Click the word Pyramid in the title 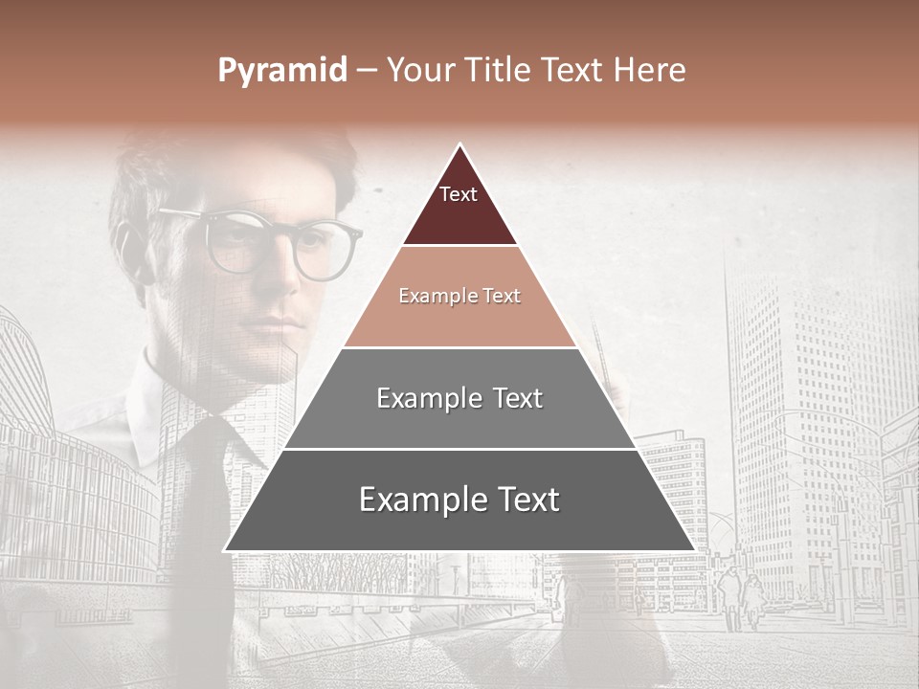(281, 71)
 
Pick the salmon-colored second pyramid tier (459, 297)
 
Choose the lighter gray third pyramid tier (459, 398)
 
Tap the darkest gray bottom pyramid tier (459, 500)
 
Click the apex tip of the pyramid (459, 146)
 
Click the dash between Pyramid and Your (367, 71)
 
